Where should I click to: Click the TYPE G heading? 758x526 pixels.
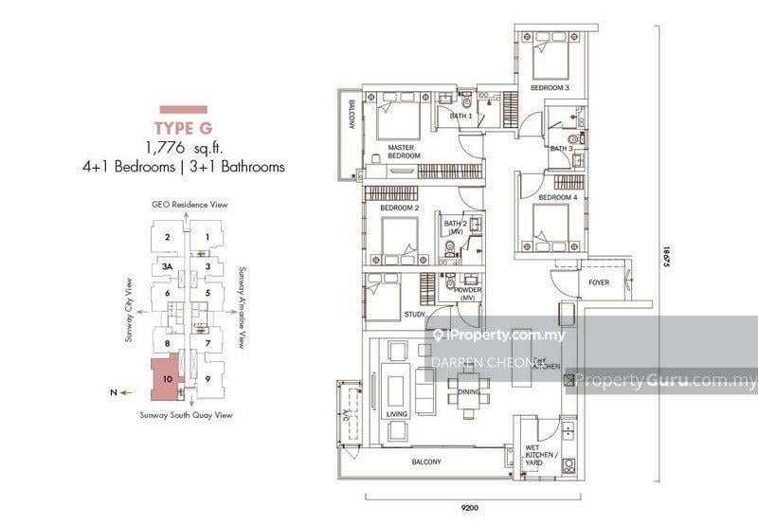tap(184, 128)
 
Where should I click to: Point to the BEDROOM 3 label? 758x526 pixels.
tap(550, 88)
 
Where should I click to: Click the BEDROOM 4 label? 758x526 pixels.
tap(557, 197)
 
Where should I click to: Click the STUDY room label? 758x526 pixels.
tap(413, 315)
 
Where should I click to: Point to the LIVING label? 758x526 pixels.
tap(395, 415)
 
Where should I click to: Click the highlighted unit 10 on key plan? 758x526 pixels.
tap(167, 379)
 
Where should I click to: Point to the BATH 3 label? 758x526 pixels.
tap(562, 149)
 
